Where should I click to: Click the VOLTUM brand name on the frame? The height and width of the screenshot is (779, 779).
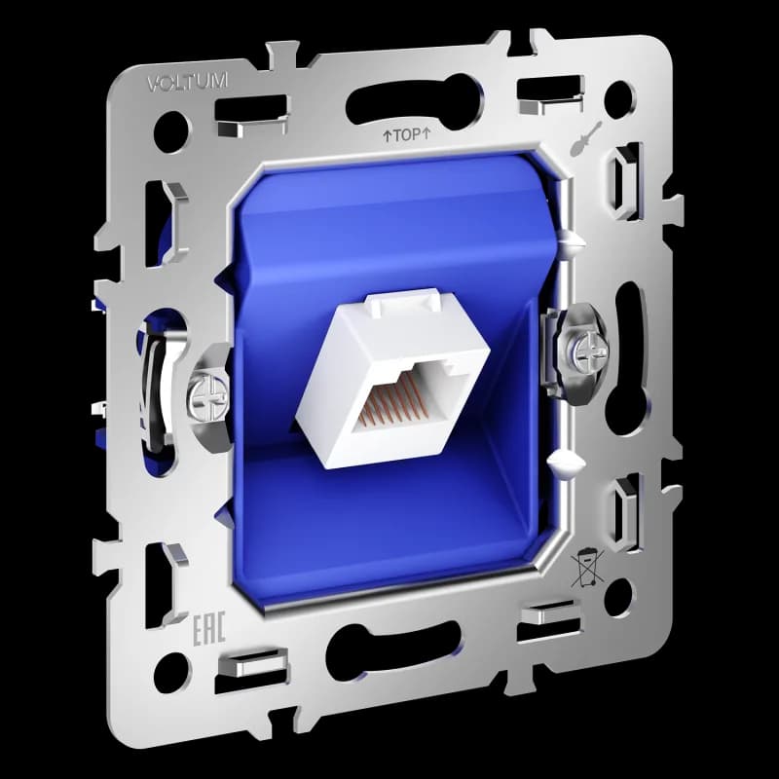187,84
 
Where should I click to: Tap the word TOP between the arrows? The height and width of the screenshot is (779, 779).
407,135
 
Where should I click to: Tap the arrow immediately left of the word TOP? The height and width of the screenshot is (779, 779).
387,136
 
